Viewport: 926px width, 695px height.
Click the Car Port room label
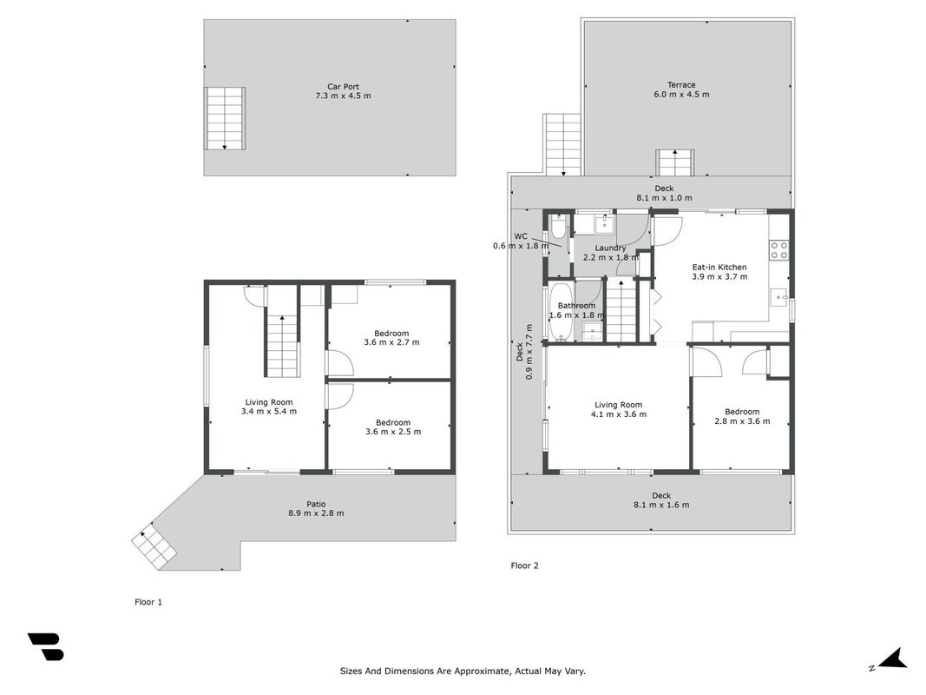pos(343,86)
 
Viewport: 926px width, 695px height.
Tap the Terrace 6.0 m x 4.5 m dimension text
pos(681,94)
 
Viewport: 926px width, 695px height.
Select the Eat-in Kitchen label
pos(719,267)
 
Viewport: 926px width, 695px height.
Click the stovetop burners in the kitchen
pos(779,250)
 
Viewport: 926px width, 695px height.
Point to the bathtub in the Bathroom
pos(560,312)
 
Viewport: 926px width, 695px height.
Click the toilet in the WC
pos(557,228)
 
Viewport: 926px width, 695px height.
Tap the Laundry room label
pos(610,248)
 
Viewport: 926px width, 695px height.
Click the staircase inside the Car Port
pos(225,118)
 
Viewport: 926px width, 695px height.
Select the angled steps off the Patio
pos(154,546)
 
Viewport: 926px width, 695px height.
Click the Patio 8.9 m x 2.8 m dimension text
pos(316,513)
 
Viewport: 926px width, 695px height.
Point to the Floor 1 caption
pos(148,602)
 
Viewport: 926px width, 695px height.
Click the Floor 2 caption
pos(524,566)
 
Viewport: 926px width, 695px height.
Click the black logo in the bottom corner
pos(46,646)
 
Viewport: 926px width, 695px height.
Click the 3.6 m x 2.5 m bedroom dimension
pos(393,432)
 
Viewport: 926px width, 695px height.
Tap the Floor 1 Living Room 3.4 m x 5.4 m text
pos(269,407)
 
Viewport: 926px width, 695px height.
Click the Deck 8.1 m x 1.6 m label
pos(661,500)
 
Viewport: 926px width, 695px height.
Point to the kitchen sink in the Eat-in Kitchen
pos(779,296)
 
